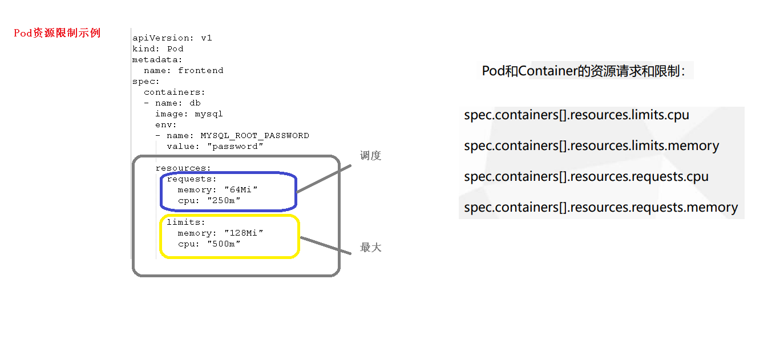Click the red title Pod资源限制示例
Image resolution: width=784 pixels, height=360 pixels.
point(57,33)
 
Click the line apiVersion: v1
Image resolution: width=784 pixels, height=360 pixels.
point(172,38)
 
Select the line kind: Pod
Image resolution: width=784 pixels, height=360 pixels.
point(157,48)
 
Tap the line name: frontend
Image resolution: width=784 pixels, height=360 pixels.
point(183,70)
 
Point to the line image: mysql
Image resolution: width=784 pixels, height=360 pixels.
point(188,114)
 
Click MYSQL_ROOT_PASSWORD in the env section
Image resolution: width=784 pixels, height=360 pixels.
point(254,136)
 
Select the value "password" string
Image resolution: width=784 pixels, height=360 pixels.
point(235,147)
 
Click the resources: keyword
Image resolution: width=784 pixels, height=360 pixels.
point(183,168)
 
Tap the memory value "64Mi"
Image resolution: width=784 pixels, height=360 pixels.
point(241,189)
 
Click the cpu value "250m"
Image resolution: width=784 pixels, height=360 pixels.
point(224,200)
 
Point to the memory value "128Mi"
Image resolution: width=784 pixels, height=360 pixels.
point(244,233)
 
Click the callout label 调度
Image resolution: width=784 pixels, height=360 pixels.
point(370,156)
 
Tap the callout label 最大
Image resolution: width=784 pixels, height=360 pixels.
point(370,248)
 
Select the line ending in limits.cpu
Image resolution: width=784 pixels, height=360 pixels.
point(576,115)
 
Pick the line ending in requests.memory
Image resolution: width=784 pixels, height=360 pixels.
point(601,207)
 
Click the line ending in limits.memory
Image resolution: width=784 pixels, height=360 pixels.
point(591,145)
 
